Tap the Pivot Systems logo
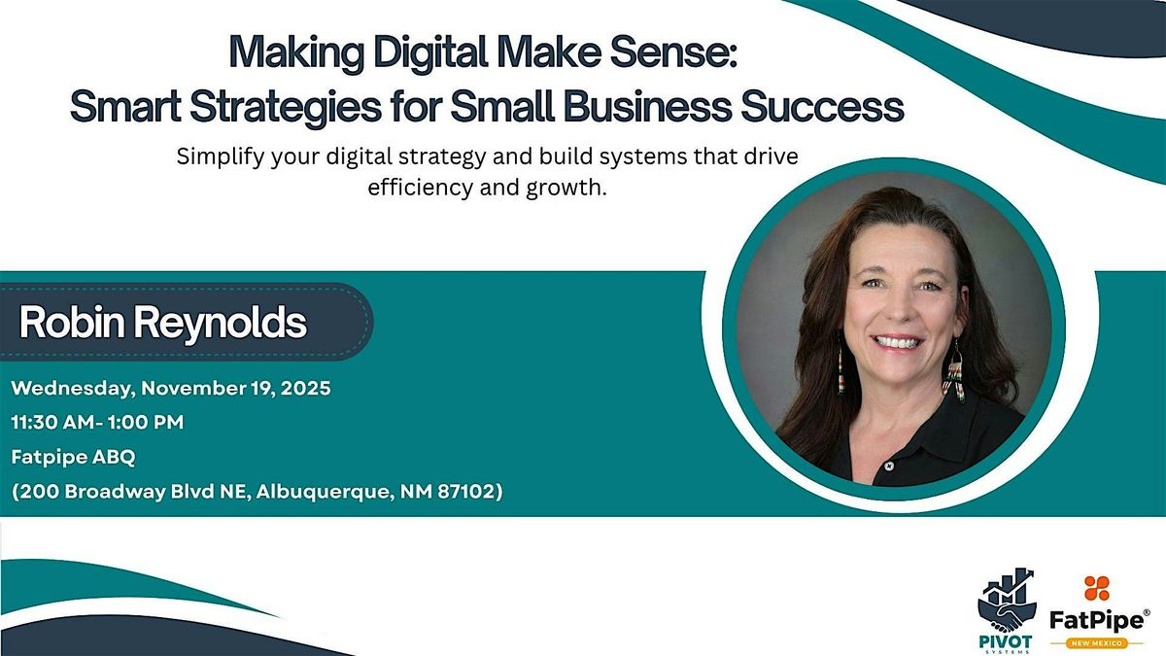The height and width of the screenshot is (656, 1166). pos(1005,608)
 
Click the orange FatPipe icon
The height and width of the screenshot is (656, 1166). pos(1097,588)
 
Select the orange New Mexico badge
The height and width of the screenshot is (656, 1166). pos(1096,641)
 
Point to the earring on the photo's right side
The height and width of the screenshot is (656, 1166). pos(955,373)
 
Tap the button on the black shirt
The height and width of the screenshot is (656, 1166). pos(888,467)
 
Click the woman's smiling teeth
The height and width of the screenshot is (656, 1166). pos(900,341)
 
